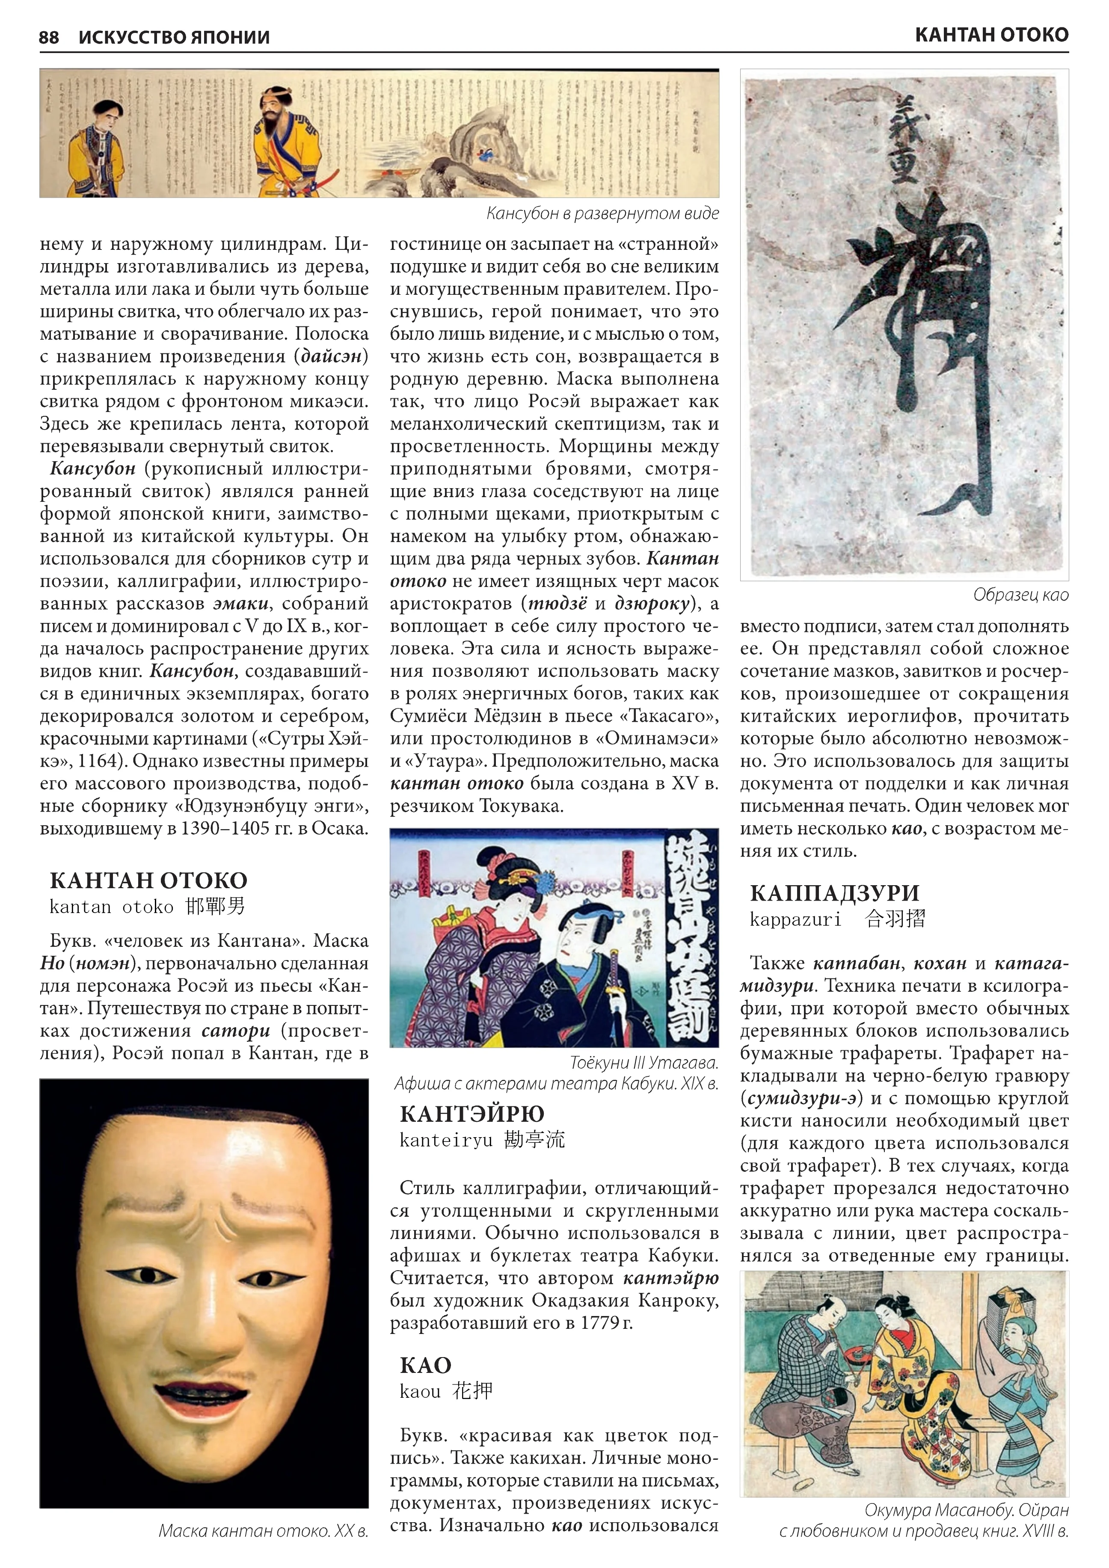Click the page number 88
(49, 37)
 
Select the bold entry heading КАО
(425, 1365)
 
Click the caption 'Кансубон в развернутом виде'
(602, 214)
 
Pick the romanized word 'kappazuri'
(795, 919)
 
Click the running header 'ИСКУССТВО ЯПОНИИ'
(174, 37)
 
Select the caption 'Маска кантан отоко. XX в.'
(263, 1531)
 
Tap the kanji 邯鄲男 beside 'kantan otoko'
(214, 907)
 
